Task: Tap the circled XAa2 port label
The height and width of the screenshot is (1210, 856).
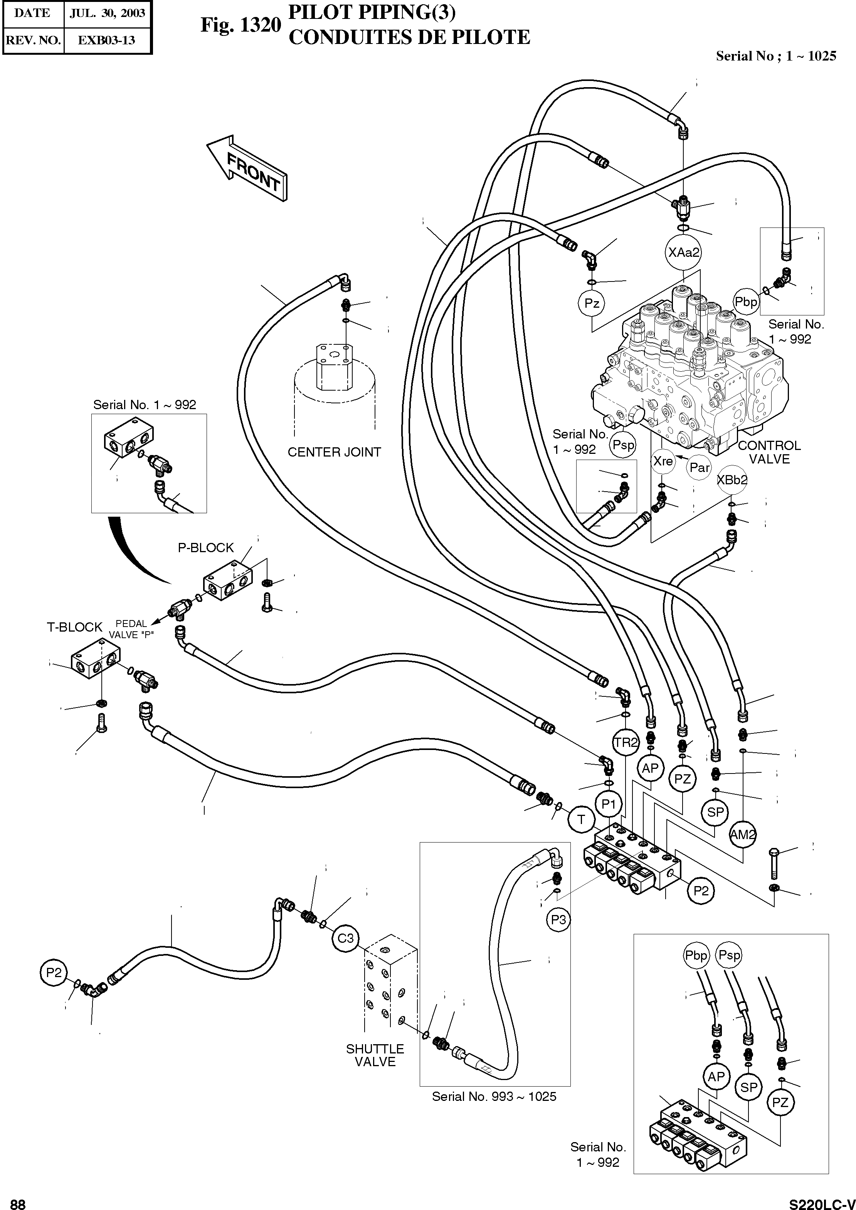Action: click(x=684, y=253)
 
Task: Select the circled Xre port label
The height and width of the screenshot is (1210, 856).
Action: click(x=663, y=461)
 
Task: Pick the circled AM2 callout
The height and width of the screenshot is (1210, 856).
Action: click(x=743, y=834)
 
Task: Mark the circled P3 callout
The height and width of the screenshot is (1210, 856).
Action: click(x=558, y=920)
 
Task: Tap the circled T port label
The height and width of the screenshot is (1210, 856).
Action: click(x=581, y=819)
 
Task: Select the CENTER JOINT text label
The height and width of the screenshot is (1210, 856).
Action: click(x=334, y=452)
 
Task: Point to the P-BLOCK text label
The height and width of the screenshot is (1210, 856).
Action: click(x=205, y=548)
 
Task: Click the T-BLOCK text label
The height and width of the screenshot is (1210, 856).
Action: click(x=74, y=627)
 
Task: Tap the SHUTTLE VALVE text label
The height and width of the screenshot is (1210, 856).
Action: click(x=375, y=1055)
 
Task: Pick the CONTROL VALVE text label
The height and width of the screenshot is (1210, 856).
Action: click(x=769, y=452)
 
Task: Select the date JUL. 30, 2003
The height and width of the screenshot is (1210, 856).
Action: click(x=107, y=13)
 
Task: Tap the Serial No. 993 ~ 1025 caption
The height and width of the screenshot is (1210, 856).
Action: click(x=494, y=1096)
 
